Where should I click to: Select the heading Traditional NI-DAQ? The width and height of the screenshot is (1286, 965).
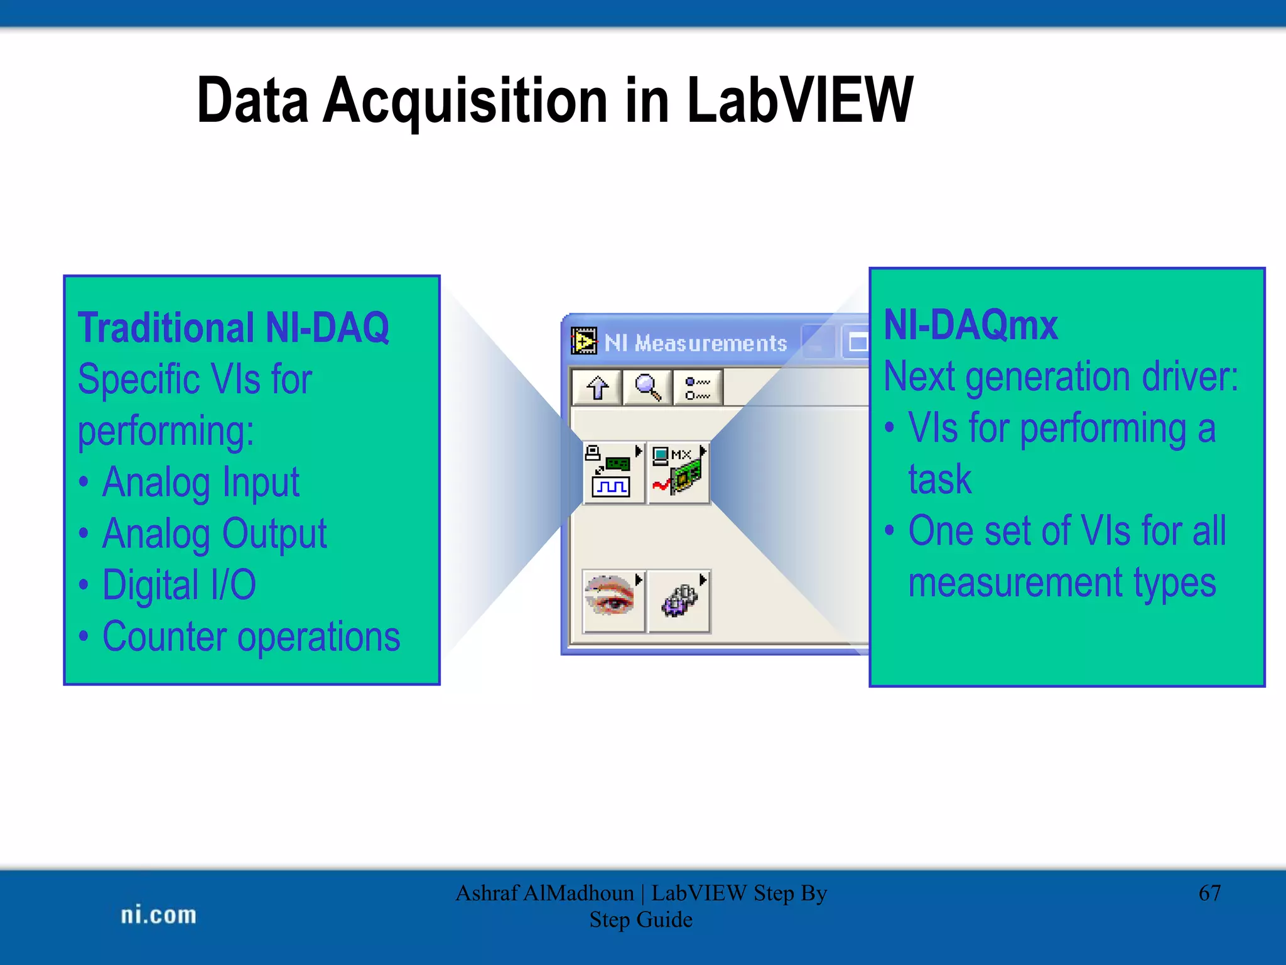pyautogui.click(x=233, y=328)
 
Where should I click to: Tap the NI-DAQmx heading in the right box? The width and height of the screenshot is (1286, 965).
pyautogui.click(x=970, y=325)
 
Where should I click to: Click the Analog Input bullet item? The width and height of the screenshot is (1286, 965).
pyautogui.click(x=200, y=482)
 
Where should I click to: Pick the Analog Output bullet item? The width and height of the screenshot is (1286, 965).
pyautogui.click(x=214, y=534)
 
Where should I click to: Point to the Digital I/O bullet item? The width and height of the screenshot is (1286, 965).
pyautogui.click(x=179, y=585)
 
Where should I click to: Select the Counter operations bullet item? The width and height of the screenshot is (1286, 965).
pyautogui.click(x=251, y=636)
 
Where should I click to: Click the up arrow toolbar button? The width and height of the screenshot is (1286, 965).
pyautogui.click(x=597, y=388)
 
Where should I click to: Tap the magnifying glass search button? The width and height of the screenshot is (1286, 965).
pyautogui.click(x=647, y=388)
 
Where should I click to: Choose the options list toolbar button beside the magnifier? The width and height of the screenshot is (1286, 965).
pyautogui.click(x=698, y=388)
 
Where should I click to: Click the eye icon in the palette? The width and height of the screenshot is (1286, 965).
pyautogui.click(x=612, y=601)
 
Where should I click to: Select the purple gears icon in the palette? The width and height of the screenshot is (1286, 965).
pyautogui.click(x=679, y=601)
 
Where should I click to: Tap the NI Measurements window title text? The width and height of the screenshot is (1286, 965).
pyautogui.click(x=695, y=343)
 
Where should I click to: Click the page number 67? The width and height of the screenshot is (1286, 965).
pyautogui.click(x=1209, y=893)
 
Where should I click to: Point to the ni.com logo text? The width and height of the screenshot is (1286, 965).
pyautogui.click(x=158, y=915)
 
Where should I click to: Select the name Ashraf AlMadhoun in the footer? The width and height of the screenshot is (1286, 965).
pyautogui.click(x=544, y=893)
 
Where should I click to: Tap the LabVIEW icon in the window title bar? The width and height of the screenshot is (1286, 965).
pyautogui.click(x=584, y=342)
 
